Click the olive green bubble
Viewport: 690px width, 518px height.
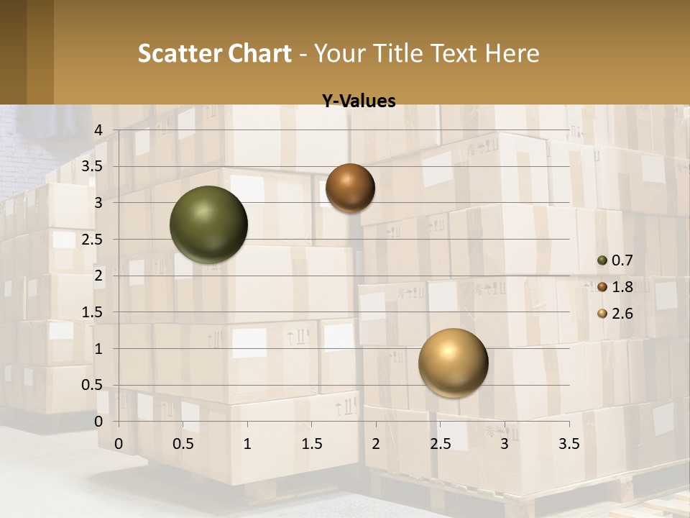(208, 224)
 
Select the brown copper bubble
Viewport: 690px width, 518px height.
(350, 188)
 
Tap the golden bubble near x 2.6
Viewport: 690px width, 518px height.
(453, 363)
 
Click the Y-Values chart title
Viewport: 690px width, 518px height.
(359, 101)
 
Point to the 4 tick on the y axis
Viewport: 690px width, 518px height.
(99, 130)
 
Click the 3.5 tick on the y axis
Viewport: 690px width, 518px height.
(93, 166)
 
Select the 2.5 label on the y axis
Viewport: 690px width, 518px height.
(93, 239)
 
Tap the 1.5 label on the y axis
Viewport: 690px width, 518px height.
(93, 312)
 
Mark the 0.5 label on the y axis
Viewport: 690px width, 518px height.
(93, 385)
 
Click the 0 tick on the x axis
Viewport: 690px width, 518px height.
(119, 444)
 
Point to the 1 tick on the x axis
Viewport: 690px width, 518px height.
(247, 444)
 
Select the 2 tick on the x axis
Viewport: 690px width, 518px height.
(376, 444)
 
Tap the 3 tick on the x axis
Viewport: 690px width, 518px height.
(505, 444)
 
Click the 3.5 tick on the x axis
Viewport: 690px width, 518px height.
(569, 444)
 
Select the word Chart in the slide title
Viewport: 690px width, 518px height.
(260, 53)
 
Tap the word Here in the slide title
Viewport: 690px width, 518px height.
(512, 53)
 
